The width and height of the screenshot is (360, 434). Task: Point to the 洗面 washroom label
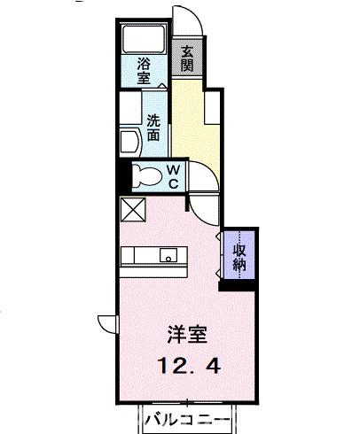click(153, 128)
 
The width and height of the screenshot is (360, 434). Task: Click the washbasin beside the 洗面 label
click(129, 142)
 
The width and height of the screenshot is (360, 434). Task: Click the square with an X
click(133, 209)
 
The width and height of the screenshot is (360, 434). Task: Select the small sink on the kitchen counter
click(167, 255)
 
